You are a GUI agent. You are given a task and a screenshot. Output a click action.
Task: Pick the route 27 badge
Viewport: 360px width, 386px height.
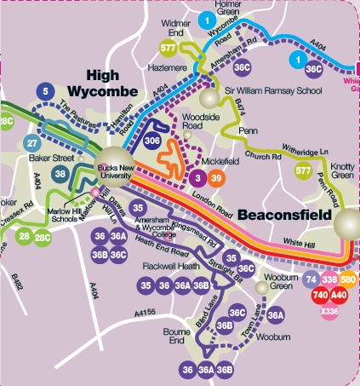click(31, 143)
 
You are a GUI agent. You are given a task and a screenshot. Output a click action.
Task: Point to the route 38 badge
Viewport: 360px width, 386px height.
click(60, 174)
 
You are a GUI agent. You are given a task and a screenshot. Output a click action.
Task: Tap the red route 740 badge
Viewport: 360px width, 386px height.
click(320, 295)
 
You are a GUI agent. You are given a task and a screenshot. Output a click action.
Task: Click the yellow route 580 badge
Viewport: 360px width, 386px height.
click(348, 279)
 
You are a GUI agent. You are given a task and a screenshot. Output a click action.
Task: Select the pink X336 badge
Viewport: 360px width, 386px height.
click(329, 311)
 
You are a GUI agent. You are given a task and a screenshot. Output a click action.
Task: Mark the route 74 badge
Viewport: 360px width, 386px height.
click(311, 279)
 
